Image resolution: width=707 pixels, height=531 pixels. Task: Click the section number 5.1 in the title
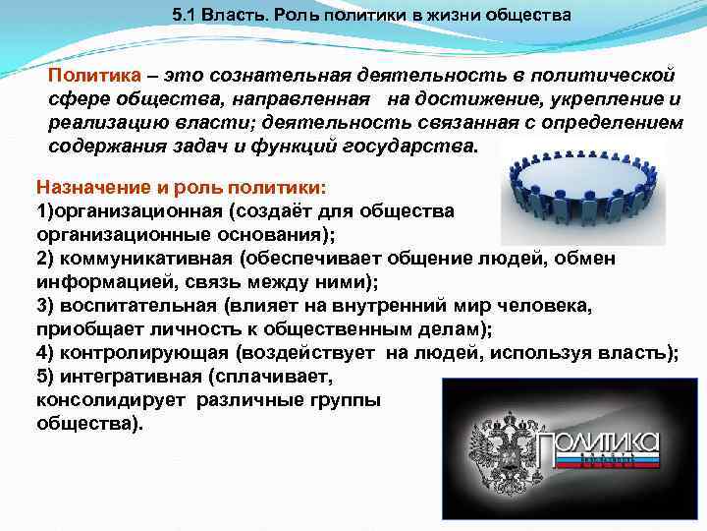183,17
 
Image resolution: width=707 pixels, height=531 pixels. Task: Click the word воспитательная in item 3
141,306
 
